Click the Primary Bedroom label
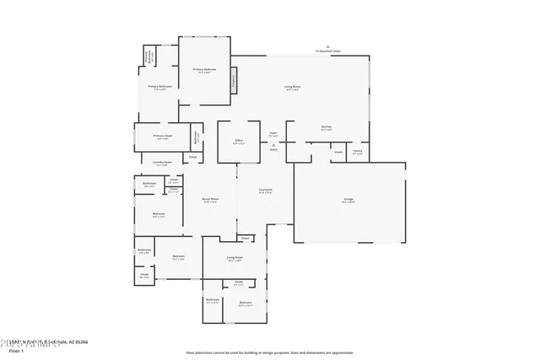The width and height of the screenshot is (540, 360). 204,69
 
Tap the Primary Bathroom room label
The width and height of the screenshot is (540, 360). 160,86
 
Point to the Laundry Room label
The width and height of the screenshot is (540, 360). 162,162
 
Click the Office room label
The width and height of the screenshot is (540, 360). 239,141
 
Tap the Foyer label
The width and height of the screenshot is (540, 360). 273,132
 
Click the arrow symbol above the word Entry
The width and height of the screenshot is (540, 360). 273,144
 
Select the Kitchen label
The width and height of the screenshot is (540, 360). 326,127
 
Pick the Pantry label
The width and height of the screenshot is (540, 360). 358,152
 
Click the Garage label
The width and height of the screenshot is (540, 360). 348,200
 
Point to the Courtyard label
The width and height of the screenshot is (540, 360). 265,190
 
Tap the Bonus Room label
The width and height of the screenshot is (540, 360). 209,199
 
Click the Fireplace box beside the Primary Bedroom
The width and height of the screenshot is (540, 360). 234,81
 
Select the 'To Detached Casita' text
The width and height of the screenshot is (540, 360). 327,51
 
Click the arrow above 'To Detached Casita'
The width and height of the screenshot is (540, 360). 328,46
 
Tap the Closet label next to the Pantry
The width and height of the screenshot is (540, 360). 337,152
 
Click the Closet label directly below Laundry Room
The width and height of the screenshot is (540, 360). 192,157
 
